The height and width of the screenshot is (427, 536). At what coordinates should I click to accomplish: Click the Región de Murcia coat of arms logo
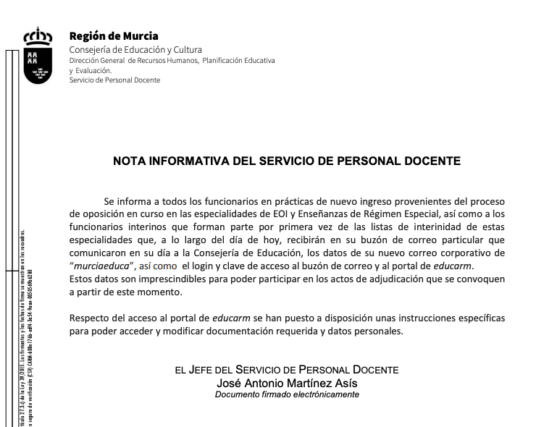38,56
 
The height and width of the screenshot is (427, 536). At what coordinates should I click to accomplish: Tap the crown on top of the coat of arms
38,35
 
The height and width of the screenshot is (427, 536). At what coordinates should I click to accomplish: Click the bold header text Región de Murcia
113,36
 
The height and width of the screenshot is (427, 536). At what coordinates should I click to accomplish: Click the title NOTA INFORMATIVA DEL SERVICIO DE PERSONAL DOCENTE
287,161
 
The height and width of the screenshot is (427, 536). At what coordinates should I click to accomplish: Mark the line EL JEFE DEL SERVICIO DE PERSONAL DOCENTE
287,370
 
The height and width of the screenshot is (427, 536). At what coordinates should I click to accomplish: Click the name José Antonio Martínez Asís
287,383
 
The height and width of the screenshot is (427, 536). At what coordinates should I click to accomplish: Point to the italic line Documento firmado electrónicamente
287,394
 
